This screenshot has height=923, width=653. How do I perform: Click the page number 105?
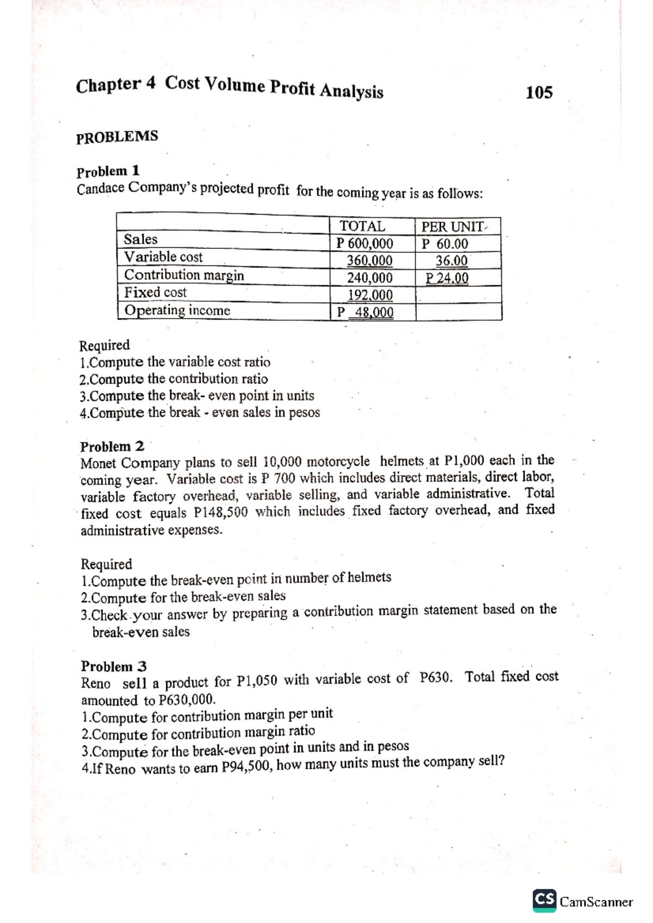pyautogui.click(x=539, y=92)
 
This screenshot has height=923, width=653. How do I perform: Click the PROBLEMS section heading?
pyautogui.click(x=117, y=136)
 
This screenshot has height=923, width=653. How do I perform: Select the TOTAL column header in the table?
pyautogui.click(x=362, y=226)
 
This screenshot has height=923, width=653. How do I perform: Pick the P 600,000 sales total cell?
pyautogui.click(x=365, y=244)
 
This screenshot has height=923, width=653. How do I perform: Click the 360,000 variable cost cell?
pyautogui.click(x=369, y=261)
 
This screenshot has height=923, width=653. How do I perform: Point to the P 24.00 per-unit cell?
pyautogui.click(x=447, y=278)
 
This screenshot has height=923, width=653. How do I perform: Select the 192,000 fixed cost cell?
pyautogui.click(x=370, y=295)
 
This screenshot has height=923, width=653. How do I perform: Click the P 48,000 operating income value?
pyautogui.click(x=365, y=313)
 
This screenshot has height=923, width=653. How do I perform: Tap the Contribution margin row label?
pyautogui.click(x=184, y=275)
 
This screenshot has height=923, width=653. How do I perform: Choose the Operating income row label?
pyautogui.click(x=177, y=310)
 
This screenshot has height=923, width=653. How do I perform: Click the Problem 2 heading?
pyautogui.click(x=112, y=447)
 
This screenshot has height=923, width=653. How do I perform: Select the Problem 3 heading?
pyautogui.click(x=114, y=666)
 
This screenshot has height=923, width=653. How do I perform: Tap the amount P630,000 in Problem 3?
pyautogui.click(x=187, y=699)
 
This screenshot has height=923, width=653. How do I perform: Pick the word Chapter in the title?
pyautogui.click(x=108, y=85)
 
